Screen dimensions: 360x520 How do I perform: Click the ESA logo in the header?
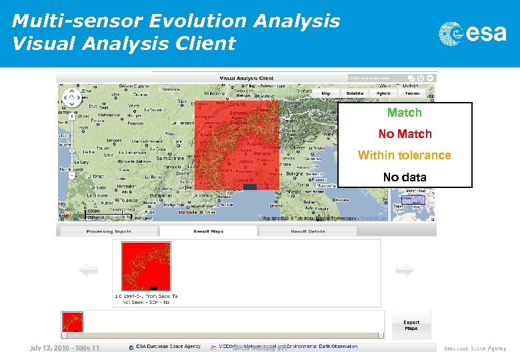(472, 33)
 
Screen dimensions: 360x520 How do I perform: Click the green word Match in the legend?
(404, 113)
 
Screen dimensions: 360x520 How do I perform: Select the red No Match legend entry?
(405, 134)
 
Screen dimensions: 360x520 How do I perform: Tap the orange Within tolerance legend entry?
(404, 155)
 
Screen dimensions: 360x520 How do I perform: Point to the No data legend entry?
(404, 177)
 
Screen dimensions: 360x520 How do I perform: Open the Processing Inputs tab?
(109, 231)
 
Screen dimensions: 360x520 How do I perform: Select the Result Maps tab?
(208, 231)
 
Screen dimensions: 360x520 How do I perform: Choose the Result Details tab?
(307, 231)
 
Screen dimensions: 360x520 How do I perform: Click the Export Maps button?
(411, 325)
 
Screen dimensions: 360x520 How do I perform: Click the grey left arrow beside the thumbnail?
(88, 270)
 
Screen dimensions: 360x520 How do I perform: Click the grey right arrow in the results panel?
(405, 270)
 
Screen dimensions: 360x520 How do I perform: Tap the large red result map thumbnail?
(146, 266)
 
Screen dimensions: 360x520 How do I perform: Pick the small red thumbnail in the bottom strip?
(72, 322)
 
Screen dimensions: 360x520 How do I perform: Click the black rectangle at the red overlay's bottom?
(249, 187)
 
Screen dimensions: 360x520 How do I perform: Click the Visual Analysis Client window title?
(246, 78)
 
